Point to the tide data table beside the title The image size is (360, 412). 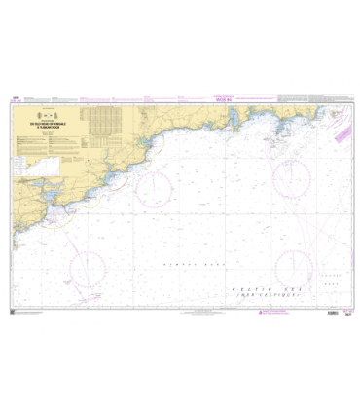pos(108,119)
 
